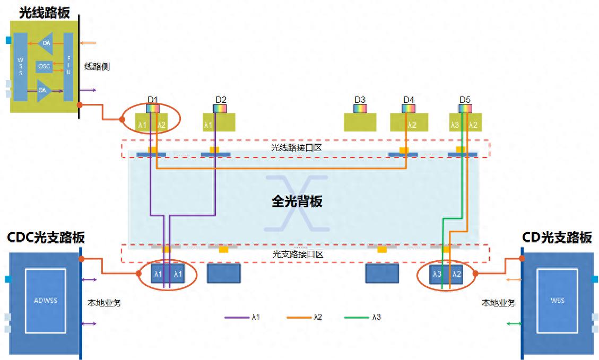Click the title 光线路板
tap(44, 12)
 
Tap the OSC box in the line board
tap(44, 67)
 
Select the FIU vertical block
tap(68, 67)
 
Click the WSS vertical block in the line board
tap(21, 67)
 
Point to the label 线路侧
tap(97, 67)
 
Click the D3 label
tap(360, 100)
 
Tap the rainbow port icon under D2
tap(220, 108)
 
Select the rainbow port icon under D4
tap(409, 108)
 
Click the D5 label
tap(465, 100)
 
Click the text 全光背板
tap(297, 201)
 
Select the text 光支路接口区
tap(298, 254)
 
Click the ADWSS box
tap(45, 300)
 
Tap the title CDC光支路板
tap(46, 238)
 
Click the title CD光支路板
tap(557, 238)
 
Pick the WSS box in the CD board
tap(558, 300)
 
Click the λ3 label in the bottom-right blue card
tap(437, 274)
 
